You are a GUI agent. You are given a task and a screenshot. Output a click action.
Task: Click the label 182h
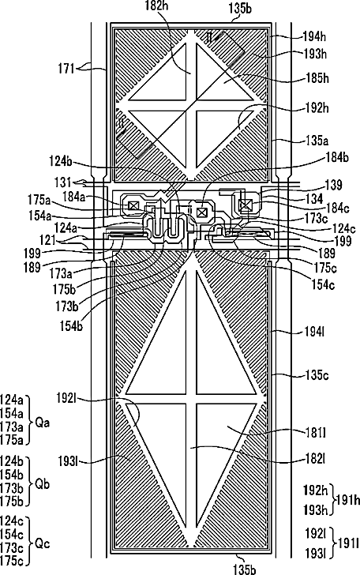[x=157, y=6]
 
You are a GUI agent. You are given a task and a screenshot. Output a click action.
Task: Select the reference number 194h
[x=314, y=36]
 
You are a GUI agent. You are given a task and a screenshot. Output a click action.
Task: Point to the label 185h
[x=317, y=78]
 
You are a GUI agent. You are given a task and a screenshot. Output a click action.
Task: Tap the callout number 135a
[x=317, y=141]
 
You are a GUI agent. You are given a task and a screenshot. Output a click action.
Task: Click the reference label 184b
[x=337, y=157]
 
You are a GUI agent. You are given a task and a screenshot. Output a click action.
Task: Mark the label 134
[x=314, y=199]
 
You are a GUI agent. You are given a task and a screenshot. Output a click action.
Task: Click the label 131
[x=63, y=182]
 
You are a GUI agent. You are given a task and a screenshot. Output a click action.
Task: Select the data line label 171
[x=66, y=69]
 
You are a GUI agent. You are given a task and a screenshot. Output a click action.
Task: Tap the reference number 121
[x=47, y=241]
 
